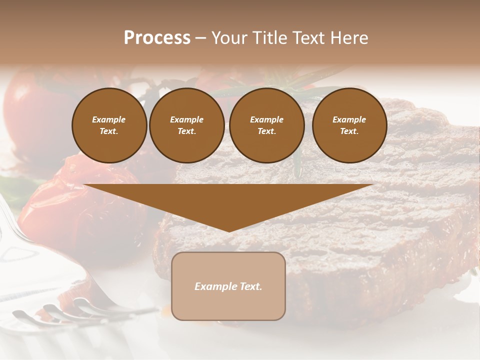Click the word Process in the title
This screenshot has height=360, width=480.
click(x=157, y=38)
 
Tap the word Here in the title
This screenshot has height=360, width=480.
click(x=348, y=38)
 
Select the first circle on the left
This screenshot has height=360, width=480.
click(x=109, y=125)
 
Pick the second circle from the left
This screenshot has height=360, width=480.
click(x=187, y=125)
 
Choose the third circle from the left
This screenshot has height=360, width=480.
click(x=266, y=125)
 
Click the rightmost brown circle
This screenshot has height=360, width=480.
click(x=349, y=125)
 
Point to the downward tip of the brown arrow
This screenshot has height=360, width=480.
click(x=229, y=230)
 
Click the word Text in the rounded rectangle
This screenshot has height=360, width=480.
click(x=251, y=286)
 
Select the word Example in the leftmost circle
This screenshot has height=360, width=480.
click(x=109, y=119)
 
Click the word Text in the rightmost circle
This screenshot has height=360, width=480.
click(x=349, y=131)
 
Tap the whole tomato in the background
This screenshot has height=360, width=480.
click(x=30, y=110)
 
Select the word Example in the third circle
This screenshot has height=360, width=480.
click(x=266, y=119)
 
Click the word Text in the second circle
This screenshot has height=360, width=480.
click(x=186, y=131)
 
